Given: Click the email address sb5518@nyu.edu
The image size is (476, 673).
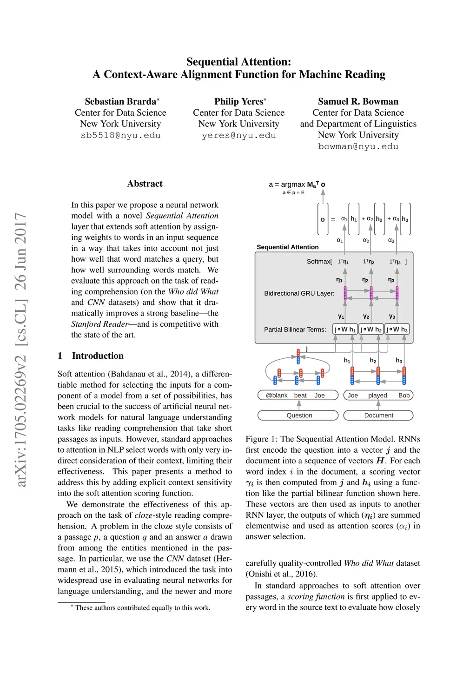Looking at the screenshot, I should (x=120, y=135).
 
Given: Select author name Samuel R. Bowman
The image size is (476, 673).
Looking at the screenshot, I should (x=358, y=101).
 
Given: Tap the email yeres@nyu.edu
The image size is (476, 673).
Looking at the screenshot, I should (x=238, y=135).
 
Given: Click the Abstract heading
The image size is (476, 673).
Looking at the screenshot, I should (x=145, y=184).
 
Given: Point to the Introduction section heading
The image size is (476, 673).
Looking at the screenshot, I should (x=98, y=356).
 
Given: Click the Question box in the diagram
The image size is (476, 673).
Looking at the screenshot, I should (x=299, y=415).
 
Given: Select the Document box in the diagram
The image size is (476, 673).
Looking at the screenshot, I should (x=378, y=415).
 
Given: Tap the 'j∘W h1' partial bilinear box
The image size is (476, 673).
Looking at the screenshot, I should (x=345, y=330).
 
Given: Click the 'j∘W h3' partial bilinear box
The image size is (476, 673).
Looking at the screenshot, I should (x=397, y=330).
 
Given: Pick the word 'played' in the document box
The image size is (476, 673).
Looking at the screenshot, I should (x=377, y=396).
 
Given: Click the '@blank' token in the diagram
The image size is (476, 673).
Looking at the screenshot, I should (x=277, y=396).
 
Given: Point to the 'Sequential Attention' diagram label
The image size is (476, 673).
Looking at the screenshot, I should (x=287, y=247).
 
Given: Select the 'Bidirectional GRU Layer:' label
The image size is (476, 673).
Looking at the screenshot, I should (x=299, y=293).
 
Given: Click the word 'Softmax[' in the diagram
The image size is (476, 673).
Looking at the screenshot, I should (x=319, y=262).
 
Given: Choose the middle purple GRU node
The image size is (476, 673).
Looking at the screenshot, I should (x=371, y=293).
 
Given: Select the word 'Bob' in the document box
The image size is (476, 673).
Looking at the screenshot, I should (x=404, y=396).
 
